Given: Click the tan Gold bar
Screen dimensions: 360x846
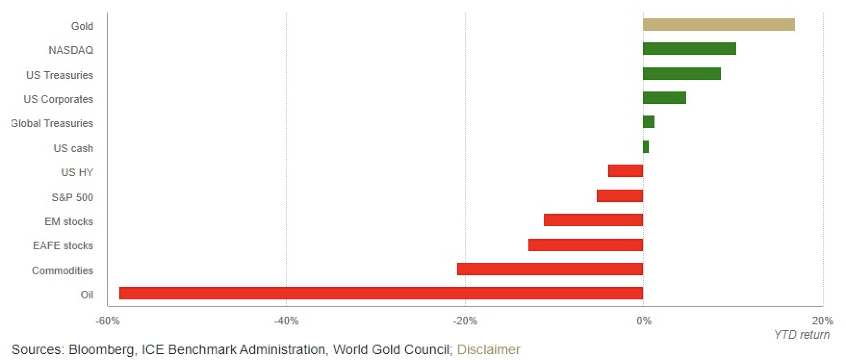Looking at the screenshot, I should coord(718,25).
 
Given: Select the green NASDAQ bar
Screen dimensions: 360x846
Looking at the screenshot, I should coord(689,49).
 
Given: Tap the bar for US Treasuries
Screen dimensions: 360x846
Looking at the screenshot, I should coord(681,74).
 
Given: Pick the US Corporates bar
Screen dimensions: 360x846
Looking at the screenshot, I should coord(664,98).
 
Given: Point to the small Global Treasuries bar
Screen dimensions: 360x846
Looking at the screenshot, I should coord(648,122).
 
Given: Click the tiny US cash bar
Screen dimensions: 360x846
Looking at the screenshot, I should coord(646,147).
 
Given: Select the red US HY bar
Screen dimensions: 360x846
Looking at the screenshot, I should coord(626,171).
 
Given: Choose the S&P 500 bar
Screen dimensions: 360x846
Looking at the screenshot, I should coord(620,196).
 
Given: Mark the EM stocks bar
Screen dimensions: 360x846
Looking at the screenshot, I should coord(593,220).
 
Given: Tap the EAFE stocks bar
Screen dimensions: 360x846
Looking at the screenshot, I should coord(586,245).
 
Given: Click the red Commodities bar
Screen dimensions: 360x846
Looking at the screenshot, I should coord(550,269).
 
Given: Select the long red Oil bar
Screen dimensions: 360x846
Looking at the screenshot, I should coord(381,293).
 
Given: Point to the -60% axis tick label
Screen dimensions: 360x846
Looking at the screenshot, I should coord(108,321).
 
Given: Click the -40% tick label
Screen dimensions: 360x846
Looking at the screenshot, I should coord(286,321).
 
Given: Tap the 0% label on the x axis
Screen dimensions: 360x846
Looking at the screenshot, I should coord(644,321).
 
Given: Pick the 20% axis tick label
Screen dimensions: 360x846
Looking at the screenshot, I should coord(822,321).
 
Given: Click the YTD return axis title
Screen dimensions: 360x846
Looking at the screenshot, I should coord(802,335).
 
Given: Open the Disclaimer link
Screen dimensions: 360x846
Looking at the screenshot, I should coord(488,349).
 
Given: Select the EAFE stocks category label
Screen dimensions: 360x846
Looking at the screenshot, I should coord(63,246).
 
